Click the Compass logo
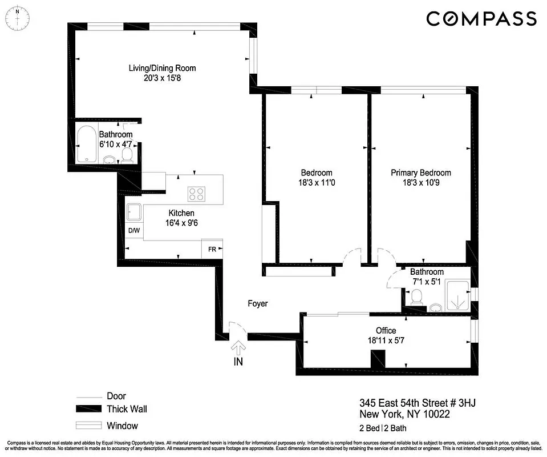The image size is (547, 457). pyautogui.click(x=481, y=19)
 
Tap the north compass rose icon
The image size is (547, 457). pyautogui.click(x=18, y=17)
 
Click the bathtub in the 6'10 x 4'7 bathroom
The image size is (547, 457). pyautogui.click(x=87, y=144)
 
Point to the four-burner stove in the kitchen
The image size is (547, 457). pyautogui.click(x=197, y=194)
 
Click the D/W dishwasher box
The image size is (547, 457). pyautogui.click(x=134, y=231)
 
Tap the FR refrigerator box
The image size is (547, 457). pyautogui.click(x=212, y=249)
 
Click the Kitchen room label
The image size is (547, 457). pyautogui.click(x=181, y=213)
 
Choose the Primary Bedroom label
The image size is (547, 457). pyautogui.click(x=420, y=173)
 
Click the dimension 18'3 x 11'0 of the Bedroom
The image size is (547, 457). pyautogui.click(x=317, y=183)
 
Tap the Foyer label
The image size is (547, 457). pyautogui.click(x=257, y=304)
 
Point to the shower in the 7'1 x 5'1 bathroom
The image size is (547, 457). pyautogui.click(x=458, y=295)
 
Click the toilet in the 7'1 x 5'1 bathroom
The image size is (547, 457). pyautogui.click(x=417, y=296)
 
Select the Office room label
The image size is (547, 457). pyautogui.click(x=386, y=331)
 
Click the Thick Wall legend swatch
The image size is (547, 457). pyautogui.click(x=88, y=409)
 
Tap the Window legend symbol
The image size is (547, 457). pyautogui.click(x=88, y=426)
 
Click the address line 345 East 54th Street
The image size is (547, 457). pyautogui.click(x=417, y=403)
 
